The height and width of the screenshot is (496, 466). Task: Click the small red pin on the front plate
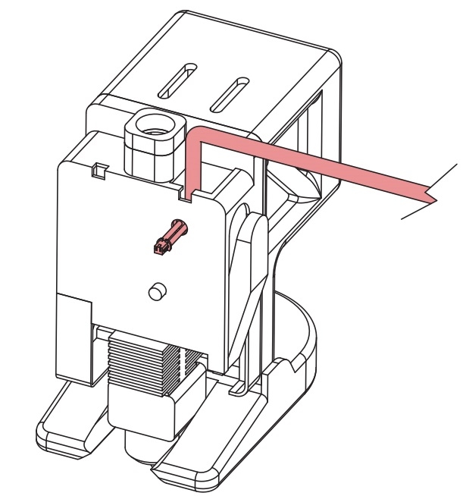coord(167,237)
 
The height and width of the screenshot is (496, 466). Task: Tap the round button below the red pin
coord(157,291)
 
